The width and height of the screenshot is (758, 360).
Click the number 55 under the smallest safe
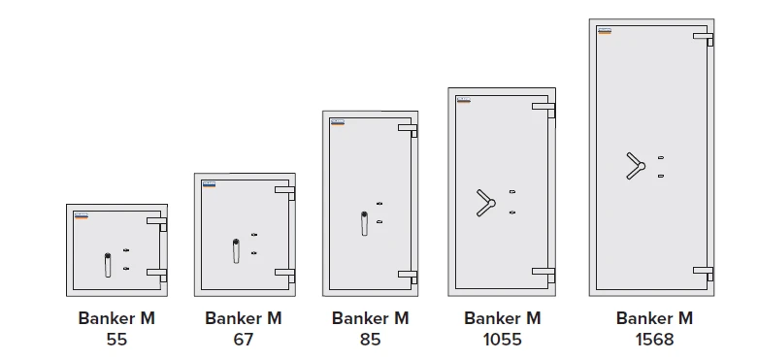coord(116,340)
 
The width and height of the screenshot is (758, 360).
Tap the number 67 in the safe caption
coord(244,340)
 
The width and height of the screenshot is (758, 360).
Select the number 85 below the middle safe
coord(371,340)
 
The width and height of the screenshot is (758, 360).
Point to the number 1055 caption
coord(503,340)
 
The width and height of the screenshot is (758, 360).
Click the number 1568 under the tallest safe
coord(654,340)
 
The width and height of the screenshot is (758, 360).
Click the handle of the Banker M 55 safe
coord(108,265)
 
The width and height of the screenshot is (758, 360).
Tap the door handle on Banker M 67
coord(236,250)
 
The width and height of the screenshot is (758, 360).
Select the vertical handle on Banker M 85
coord(364,223)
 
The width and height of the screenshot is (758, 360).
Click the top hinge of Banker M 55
coord(157,224)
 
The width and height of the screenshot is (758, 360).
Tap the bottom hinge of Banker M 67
coord(285,275)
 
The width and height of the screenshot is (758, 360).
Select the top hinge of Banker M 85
coord(408,130)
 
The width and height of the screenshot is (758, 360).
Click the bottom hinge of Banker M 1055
coord(544,275)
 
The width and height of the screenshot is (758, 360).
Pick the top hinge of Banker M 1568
coord(704,39)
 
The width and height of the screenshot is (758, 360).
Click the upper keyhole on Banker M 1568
coord(661,157)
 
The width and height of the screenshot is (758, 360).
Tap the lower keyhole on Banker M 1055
coord(512,213)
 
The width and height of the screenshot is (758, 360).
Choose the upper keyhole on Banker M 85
coord(379,204)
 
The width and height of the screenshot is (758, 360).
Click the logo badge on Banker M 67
coord(210,184)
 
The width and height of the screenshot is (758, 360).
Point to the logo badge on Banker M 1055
coord(464,100)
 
